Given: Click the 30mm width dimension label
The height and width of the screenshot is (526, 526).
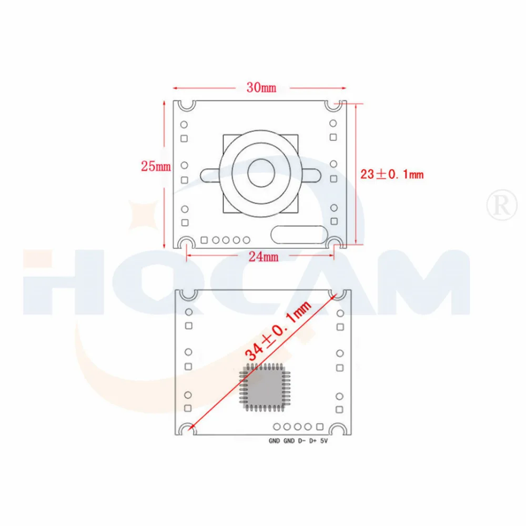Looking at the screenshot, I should coord(261,88).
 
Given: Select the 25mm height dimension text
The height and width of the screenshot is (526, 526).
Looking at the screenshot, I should coord(156,166).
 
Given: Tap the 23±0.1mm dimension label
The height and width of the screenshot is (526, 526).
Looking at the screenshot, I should coord(392,174).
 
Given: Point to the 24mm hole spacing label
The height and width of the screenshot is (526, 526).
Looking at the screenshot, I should coord(262,256).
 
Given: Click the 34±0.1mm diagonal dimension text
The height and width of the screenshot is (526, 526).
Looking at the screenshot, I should coord(279,331).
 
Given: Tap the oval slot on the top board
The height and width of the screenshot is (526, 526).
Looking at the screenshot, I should coord(297,235).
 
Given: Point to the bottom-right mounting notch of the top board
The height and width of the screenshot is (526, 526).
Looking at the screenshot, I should coord(336,242).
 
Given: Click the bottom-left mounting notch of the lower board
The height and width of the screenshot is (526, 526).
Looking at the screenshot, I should coord(187,430).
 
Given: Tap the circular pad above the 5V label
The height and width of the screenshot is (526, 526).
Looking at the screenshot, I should coord(320,427).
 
